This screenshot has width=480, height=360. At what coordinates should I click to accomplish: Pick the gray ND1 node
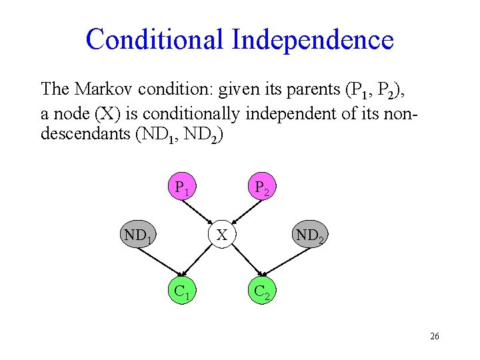(139, 235)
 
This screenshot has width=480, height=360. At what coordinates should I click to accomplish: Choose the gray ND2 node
(310, 235)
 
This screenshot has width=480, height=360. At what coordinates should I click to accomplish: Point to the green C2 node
(261, 291)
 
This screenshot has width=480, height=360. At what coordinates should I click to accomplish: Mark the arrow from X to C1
(202, 262)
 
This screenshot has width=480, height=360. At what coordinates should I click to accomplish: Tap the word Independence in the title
(313, 39)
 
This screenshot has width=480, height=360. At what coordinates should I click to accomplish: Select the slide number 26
(435, 337)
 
